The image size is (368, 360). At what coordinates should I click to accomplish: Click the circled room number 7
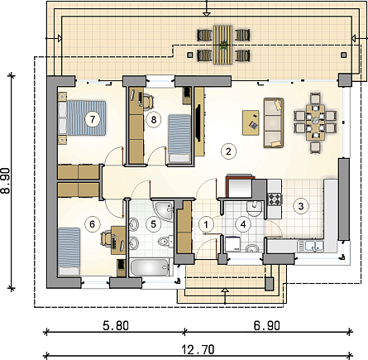click(x=93, y=120)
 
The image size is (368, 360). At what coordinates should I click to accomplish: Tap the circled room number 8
click(x=154, y=120)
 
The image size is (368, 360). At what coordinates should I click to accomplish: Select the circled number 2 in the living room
click(x=228, y=151)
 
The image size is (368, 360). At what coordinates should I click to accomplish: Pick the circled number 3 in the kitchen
click(x=301, y=206)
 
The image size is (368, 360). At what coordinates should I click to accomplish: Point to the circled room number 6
click(x=92, y=224)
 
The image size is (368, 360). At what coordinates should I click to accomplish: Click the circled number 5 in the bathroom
click(x=153, y=224)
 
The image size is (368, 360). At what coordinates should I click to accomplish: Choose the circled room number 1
click(x=206, y=224)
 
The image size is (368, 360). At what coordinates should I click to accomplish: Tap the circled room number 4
click(x=243, y=224)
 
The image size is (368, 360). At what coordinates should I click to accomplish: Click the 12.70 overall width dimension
click(x=198, y=350)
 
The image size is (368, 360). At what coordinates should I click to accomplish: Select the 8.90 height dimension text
click(x=6, y=180)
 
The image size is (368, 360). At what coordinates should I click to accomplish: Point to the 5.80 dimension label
click(x=116, y=326)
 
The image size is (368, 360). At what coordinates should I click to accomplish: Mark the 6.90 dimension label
click(x=266, y=326)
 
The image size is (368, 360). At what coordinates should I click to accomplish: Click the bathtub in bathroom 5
click(x=150, y=267)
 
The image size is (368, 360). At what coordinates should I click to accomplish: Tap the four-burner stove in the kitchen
click(x=275, y=199)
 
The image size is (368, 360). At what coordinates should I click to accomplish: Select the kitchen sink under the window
click(x=310, y=246)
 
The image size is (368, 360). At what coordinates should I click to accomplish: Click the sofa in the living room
click(x=274, y=122)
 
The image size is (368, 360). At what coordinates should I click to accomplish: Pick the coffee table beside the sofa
click(x=251, y=122)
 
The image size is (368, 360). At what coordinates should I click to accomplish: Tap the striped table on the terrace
click(x=223, y=45)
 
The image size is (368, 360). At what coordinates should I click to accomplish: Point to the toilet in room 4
click(x=254, y=209)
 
